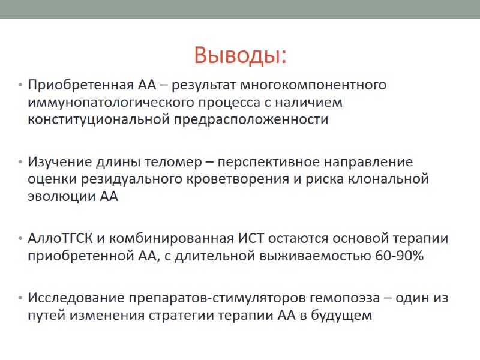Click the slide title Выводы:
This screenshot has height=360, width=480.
point(240,56)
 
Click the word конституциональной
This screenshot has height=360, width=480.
point(98,119)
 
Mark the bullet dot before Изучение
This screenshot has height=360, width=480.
point(20,162)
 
